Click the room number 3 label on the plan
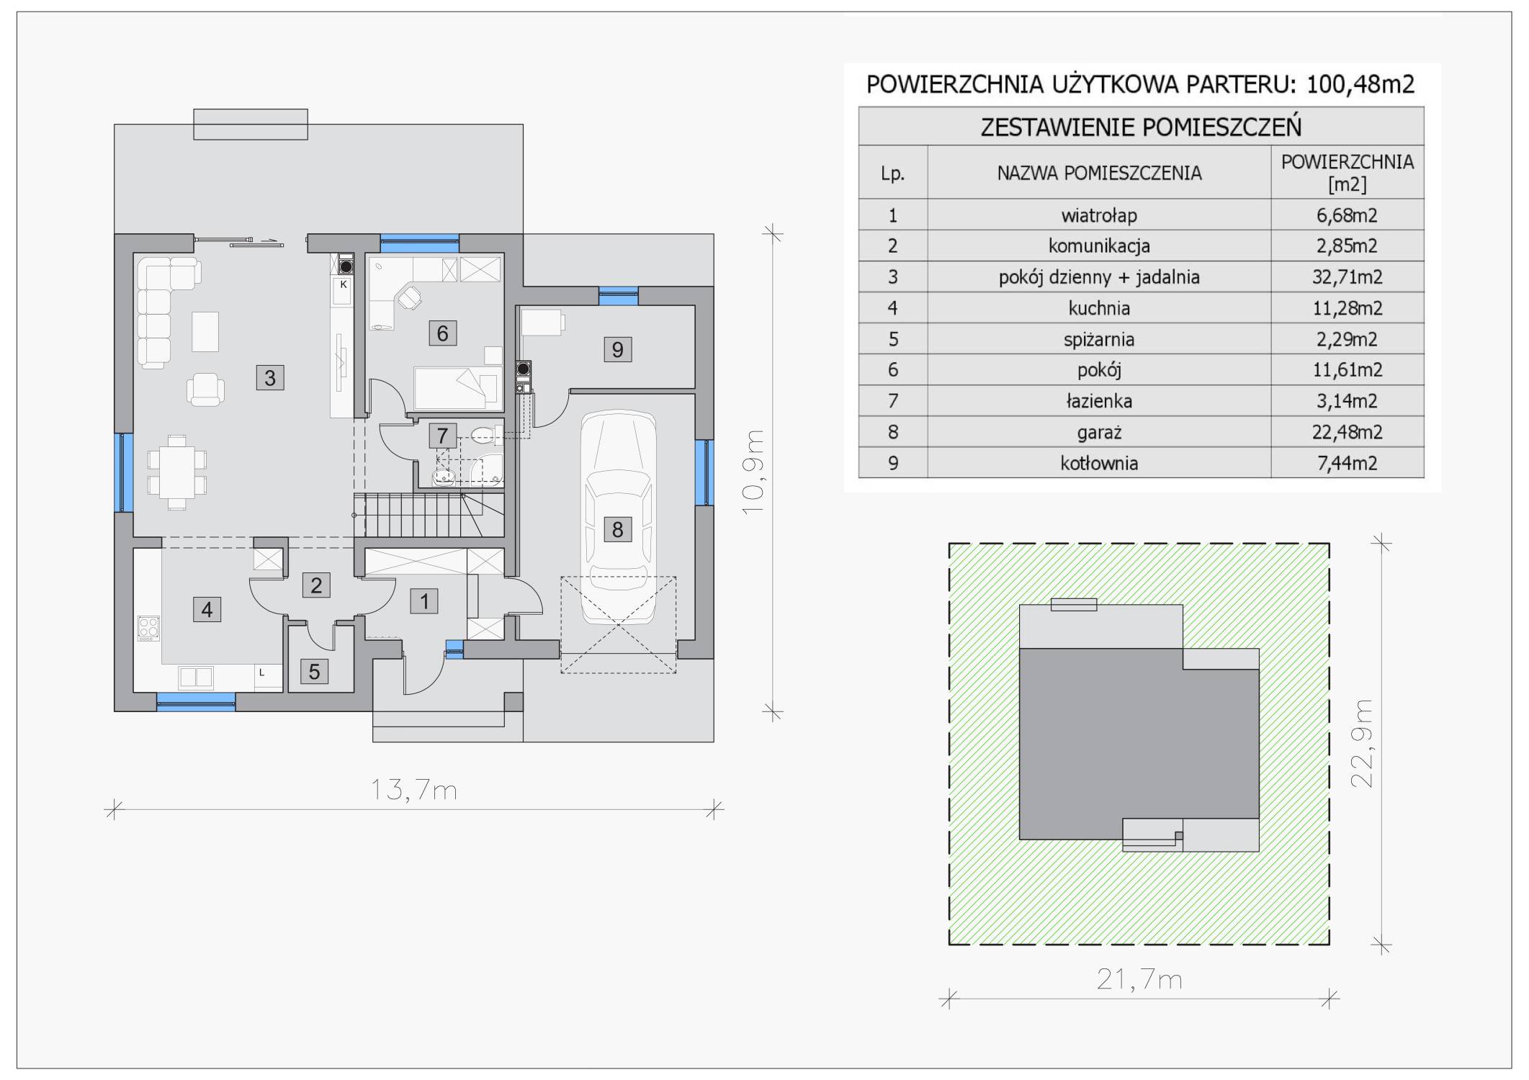coord(270,377)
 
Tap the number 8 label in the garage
coord(617,529)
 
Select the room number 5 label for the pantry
coord(314,672)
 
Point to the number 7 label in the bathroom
coord(442,435)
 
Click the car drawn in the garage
coord(618,517)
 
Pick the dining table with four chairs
coord(177,472)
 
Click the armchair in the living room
coord(206,390)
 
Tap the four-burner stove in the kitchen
coord(148,629)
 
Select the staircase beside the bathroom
coord(428,515)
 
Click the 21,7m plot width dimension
coord(1139,979)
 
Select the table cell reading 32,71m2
coord(1347,276)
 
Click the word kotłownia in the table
coord(1099,463)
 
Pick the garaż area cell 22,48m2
coord(1347,432)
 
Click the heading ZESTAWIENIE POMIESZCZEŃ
coord(1141,127)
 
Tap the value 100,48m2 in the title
coord(1360,84)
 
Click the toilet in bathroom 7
coord(482,434)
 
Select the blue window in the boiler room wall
coord(618,292)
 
